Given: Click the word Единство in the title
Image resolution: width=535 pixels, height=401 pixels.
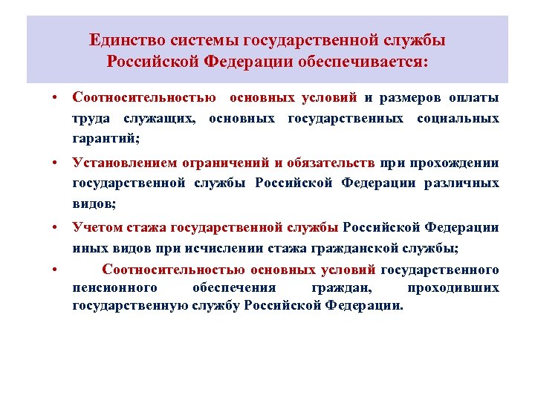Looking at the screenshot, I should point(127,39).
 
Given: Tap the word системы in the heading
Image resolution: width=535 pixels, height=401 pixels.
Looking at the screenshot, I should point(200,39).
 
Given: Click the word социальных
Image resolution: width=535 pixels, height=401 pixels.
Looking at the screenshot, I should point(458,118).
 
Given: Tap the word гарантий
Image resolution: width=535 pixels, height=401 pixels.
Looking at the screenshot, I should point(106,138).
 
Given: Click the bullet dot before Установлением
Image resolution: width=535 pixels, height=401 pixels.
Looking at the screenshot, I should point(55,163).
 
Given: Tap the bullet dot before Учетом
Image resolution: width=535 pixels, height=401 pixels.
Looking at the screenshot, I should point(55,228).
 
